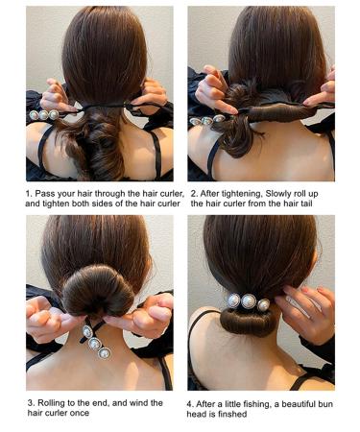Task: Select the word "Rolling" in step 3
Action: tap(56, 402)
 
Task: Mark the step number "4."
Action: tap(192, 402)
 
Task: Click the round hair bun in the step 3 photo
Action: tap(96, 287)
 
